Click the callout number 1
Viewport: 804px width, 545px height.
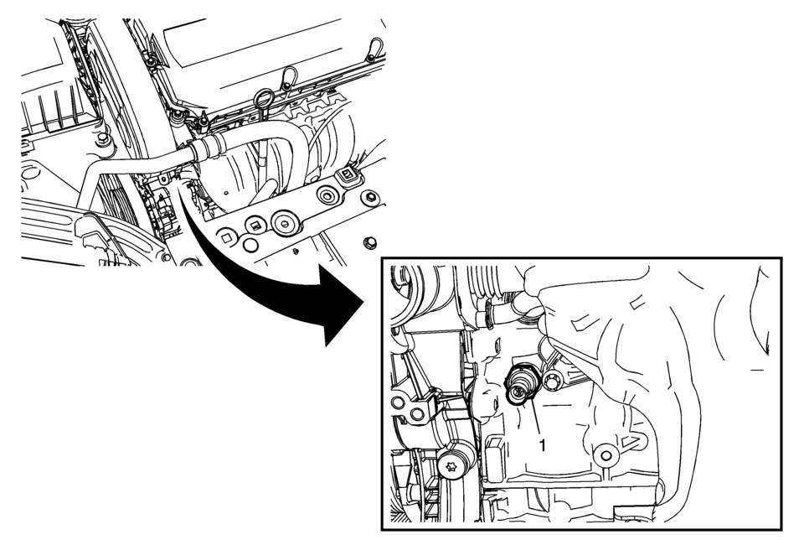[543, 445]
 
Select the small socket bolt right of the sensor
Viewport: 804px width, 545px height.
[553, 381]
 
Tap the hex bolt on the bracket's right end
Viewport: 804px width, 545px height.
[369, 197]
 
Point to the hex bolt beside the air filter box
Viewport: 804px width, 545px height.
[103, 139]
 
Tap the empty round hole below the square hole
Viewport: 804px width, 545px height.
[250, 245]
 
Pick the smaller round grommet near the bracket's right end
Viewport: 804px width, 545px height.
[327, 195]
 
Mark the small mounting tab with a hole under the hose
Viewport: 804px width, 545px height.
[163, 179]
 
